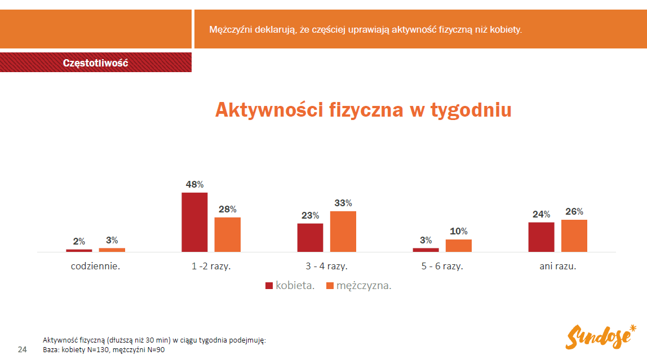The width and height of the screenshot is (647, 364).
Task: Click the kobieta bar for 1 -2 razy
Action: (x=194, y=222)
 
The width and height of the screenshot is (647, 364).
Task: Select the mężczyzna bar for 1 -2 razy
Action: (x=227, y=234)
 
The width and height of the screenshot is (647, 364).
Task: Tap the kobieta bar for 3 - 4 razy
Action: (x=310, y=237)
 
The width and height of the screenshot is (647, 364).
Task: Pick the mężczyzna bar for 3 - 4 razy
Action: (x=343, y=231)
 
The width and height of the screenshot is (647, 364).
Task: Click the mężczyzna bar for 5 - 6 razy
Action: (x=459, y=246)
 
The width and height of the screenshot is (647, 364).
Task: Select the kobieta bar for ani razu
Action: (x=541, y=237)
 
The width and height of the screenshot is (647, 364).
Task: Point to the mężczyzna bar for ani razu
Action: (x=574, y=236)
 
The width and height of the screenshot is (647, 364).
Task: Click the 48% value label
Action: (x=194, y=184)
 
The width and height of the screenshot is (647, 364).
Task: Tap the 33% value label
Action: (x=343, y=203)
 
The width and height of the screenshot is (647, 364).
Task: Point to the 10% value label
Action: (x=459, y=231)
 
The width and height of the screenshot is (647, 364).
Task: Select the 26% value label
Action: (x=574, y=211)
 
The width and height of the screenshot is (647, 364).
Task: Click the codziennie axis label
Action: (x=95, y=267)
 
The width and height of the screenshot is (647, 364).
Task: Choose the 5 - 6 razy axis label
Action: (x=442, y=267)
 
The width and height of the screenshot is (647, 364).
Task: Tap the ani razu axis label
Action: (x=557, y=267)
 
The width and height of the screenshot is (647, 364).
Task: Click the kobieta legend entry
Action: (x=290, y=286)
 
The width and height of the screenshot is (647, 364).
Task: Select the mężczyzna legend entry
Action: (x=358, y=286)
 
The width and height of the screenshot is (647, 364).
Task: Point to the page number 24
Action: (x=23, y=350)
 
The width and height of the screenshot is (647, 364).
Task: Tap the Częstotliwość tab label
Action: (x=96, y=63)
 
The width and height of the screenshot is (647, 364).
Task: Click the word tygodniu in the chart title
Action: (x=471, y=110)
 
